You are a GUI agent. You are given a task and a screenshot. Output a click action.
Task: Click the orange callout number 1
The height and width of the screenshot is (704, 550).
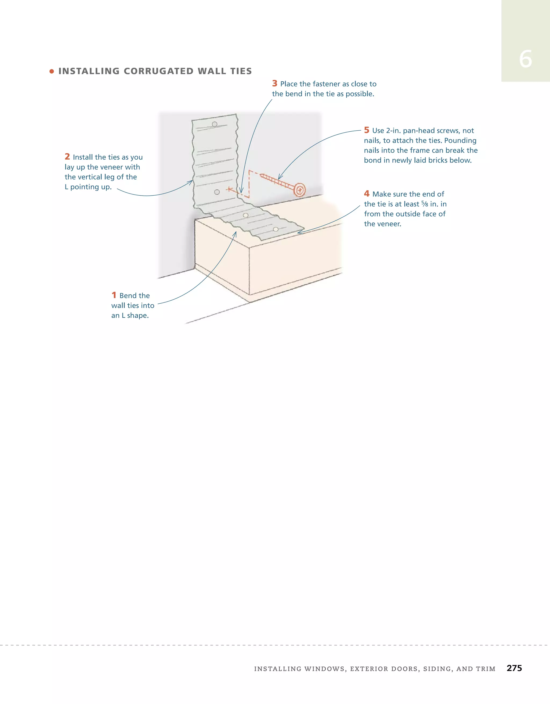(114, 295)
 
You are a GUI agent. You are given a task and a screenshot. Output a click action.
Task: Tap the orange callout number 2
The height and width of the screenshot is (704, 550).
(67, 157)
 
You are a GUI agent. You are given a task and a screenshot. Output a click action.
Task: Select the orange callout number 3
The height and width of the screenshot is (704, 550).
(274, 84)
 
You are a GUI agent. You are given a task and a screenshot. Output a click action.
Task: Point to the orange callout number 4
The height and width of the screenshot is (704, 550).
(366, 193)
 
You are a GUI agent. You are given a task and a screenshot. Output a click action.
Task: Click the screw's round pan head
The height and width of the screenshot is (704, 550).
(300, 190)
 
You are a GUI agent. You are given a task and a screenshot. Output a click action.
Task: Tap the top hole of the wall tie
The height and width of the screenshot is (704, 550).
(215, 124)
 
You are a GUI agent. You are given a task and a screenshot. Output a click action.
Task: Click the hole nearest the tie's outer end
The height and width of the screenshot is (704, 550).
(276, 229)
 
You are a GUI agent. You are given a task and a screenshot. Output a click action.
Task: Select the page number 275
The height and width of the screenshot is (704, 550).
(514, 668)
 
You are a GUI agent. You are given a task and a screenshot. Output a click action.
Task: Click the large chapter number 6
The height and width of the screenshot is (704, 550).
(525, 59)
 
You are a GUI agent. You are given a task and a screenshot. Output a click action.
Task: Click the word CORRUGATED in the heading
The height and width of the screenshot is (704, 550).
(158, 71)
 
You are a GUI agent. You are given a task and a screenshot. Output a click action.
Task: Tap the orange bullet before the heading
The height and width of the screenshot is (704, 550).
(52, 71)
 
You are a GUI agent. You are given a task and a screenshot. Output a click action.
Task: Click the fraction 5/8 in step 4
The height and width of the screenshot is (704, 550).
(424, 204)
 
